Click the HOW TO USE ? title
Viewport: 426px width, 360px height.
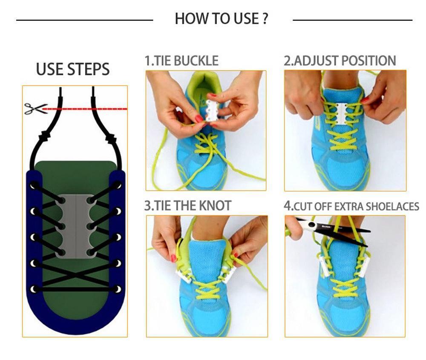[221, 19]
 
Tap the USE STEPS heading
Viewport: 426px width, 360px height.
[73, 69]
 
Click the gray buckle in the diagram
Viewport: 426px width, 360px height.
[76, 225]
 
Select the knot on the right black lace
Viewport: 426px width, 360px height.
[110, 138]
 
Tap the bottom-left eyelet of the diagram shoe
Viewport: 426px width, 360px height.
[34, 289]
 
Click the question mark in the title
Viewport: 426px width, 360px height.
[265, 19]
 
